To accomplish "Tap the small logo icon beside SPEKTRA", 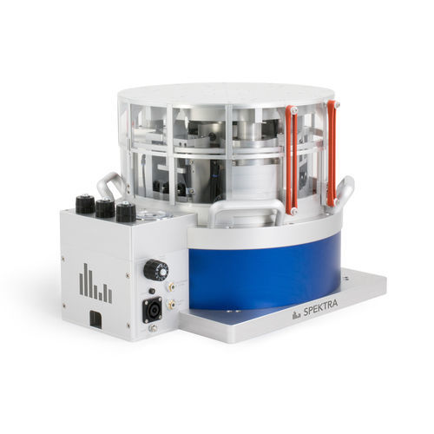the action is [295, 316].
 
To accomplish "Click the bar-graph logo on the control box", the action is [95, 283].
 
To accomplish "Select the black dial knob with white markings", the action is [155, 269].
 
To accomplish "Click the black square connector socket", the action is [152, 310].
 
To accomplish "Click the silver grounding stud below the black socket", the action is [152, 328].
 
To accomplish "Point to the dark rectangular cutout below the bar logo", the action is [95, 319].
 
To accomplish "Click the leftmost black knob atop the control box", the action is [85, 204].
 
